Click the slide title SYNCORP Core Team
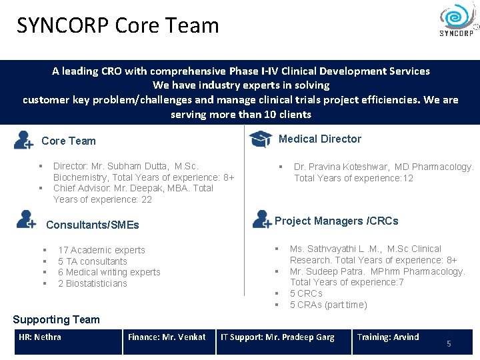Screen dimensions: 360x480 tap(118, 25)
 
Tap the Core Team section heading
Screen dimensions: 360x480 tap(69, 141)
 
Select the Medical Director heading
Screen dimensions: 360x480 tap(320, 139)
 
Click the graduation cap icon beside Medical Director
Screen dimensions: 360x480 tap(260, 139)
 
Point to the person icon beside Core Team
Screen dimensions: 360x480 tap(23, 140)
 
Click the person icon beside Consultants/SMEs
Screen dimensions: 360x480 tap(26, 219)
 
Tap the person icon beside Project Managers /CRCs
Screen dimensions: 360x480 tap(261, 219)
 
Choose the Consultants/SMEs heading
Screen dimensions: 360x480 tap(93, 225)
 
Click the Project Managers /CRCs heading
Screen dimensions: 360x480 tap(337, 221)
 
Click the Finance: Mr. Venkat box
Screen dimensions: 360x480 tap(169, 341)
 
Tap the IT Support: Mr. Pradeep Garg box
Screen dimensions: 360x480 tap(283, 341)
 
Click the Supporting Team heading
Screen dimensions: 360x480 tap(56, 319)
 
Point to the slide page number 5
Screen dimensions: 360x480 tap(449, 343)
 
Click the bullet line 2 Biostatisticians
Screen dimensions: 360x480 tap(93, 283)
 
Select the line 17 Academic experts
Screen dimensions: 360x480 tap(101, 250)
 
